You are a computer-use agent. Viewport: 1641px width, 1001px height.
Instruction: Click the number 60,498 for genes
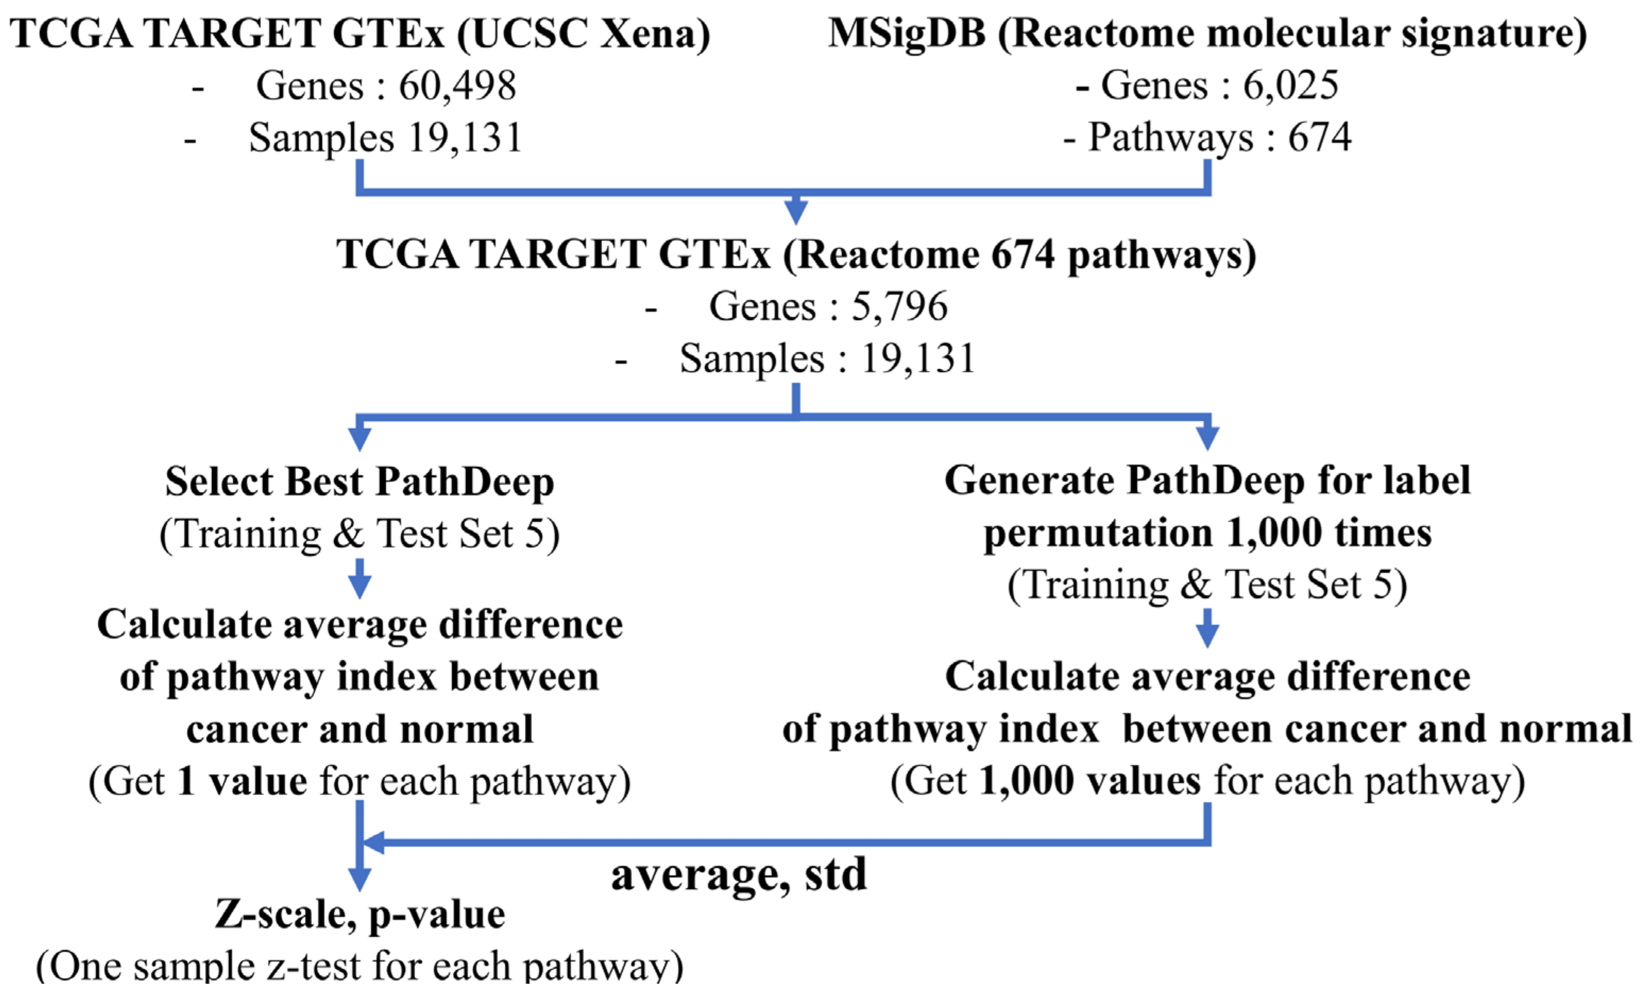[x=457, y=87]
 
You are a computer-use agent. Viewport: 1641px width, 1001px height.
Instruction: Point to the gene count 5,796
[x=899, y=307]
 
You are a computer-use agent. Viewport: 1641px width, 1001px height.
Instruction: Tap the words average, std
[x=739, y=875]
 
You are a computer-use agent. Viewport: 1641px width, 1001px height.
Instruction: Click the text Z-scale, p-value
[x=360, y=914]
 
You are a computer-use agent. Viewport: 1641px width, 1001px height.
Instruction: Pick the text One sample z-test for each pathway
[x=360, y=966]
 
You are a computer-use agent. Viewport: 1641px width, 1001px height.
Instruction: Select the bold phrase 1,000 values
[x=1090, y=781]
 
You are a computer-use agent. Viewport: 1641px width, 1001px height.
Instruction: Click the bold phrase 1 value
[x=242, y=781]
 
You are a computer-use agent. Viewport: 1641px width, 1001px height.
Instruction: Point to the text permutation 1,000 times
[x=1207, y=533]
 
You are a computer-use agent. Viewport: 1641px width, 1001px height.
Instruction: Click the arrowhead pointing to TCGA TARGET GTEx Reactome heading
[x=796, y=212]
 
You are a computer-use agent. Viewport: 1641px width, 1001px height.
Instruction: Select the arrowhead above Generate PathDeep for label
[x=1207, y=438]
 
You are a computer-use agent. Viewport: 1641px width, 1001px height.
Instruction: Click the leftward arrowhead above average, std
[x=373, y=843]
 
